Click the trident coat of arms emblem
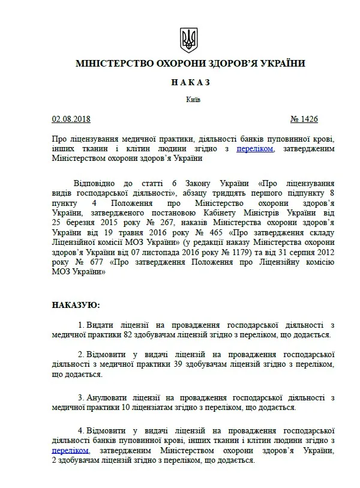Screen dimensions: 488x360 coord(187,40)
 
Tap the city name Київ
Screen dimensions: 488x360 coord(187,99)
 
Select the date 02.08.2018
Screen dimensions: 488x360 coord(70,119)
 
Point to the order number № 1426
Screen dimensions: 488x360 coord(307,119)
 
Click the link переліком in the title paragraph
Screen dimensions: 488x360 coord(255,148)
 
